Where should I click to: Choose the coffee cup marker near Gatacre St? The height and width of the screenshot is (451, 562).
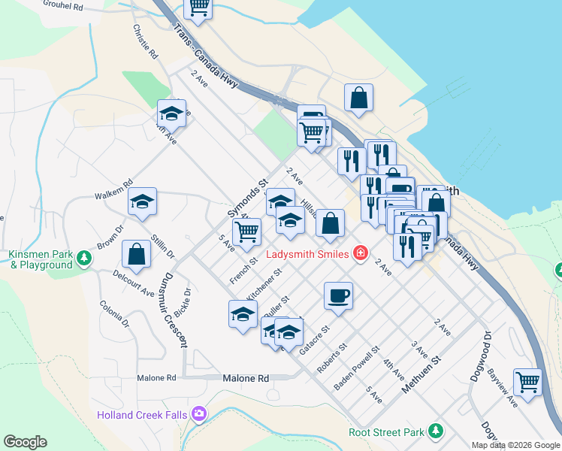click(338, 295)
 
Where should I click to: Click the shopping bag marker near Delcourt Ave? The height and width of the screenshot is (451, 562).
click(137, 254)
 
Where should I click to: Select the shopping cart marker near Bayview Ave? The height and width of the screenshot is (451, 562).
click(527, 381)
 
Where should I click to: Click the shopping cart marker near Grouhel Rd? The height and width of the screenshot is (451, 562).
click(199, 7)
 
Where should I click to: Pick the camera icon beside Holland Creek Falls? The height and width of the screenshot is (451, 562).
click(198, 413)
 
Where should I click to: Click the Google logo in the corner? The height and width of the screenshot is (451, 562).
click(25, 442)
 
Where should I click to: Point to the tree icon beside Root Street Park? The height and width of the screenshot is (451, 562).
click(435, 432)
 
